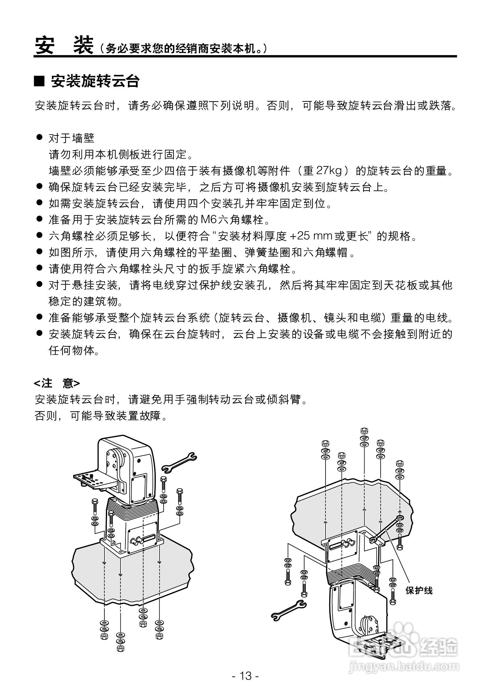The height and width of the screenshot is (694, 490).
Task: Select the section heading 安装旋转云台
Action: [x=95, y=81]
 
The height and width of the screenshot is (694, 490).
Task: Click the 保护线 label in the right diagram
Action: [x=419, y=590]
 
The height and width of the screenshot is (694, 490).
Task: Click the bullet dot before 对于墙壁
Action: [x=39, y=138]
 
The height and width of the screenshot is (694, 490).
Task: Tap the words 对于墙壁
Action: [x=72, y=139]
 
